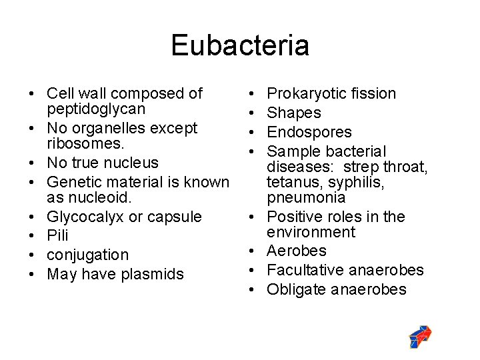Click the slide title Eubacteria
pyautogui.click(x=240, y=45)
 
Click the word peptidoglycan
pyautogui.click(x=96, y=108)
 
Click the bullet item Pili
pyautogui.click(x=57, y=236)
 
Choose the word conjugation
pyautogui.click(x=88, y=255)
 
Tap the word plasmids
pyautogui.click(x=153, y=274)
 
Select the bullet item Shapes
pyautogui.click(x=294, y=113)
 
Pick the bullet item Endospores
pyautogui.click(x=309, y=132)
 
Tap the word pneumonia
pyautogui.click(x=306, y=197)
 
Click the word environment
pyautogui.click(x=311, y=232)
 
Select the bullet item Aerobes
pyautogui.click(x=297, y=251)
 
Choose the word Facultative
pyautogui.click(x=304, y=270)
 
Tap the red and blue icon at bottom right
pyautogui.click(x=419, y=337)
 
